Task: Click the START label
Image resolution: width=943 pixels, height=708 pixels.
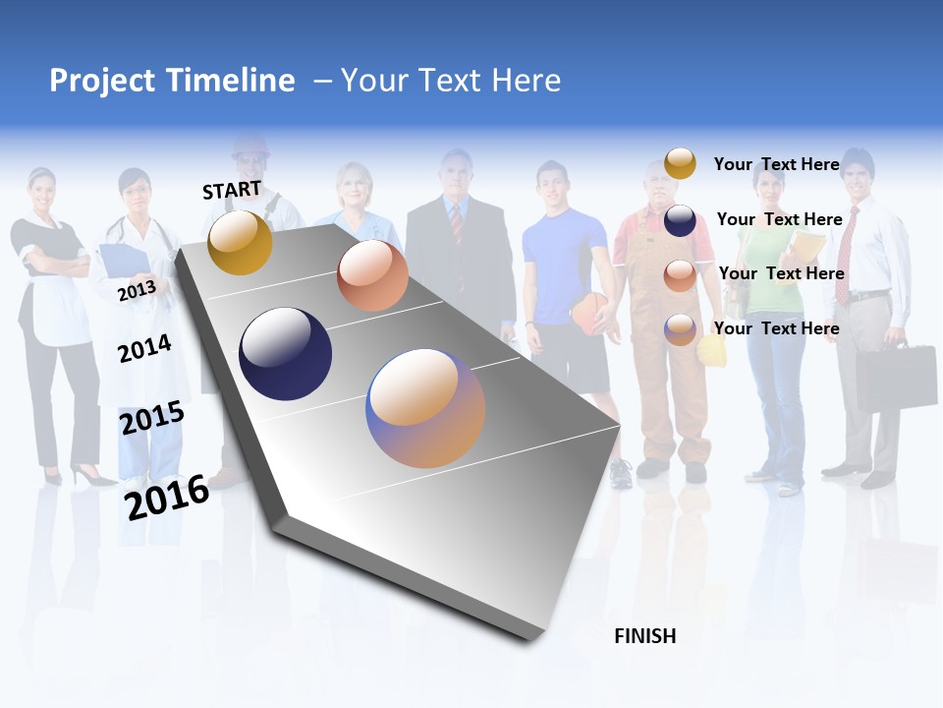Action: pyautogui.click(x=232, y=190)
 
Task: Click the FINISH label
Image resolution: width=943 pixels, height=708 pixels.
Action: pyautogui.click(x=644, y=636)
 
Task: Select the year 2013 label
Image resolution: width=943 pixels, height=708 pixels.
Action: pyautogui.click(x=137, y=290)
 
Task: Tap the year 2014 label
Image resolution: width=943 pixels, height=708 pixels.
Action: pyautogui.click(x=144, y=348)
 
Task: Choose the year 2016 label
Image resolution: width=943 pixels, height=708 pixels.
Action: pyautogui.click(x=167, y=497)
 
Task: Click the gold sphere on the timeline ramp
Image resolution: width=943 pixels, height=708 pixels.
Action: pyautogui.click(x=240, y=242)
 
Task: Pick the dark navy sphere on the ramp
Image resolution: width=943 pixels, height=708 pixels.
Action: pyautogui.click(x=285, y=354)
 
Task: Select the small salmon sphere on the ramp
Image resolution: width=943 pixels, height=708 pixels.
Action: pyautogui.click(x=372, y=275)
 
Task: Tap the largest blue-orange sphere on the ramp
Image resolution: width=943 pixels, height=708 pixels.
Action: pyautogui.click(x=425, y=408)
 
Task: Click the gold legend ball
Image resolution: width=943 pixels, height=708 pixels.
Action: pyautogui.click(x=680, y=163)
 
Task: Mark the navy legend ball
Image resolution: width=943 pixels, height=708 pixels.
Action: pyautogui.click(x=680, y=220)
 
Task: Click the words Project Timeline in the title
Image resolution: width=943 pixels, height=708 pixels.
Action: pyautogui.click(x=172, y=81)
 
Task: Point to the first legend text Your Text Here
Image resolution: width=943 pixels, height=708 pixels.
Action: pyautogui.click(x=776, y=164)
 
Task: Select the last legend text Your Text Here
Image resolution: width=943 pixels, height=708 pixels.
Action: pyautogui.click(x=776, y=328)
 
